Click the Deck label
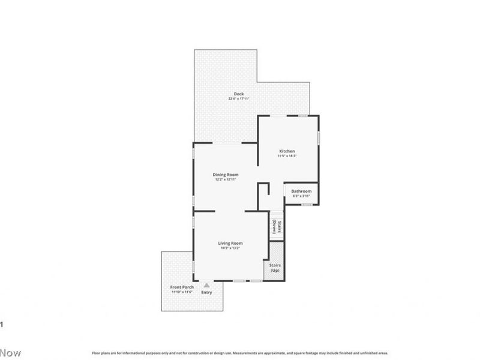(239, 94)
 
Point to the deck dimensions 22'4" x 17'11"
(239, 99)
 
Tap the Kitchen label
(287, 151)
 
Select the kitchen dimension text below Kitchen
(287, 156)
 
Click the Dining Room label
(226, 174)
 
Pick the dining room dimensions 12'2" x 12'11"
(226, 179)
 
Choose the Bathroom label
(302, 191)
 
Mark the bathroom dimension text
(302, 196)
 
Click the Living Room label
(230, 242)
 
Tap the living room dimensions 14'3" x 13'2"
(230, 248)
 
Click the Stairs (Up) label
(275, 268)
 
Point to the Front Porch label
(182, 287)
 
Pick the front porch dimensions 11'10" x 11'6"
(182, 292)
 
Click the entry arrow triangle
(207, 286)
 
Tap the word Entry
(207, 293)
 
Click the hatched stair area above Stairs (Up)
(275, 251)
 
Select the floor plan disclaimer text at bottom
(240, 353)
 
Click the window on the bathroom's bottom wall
(307, 205)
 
